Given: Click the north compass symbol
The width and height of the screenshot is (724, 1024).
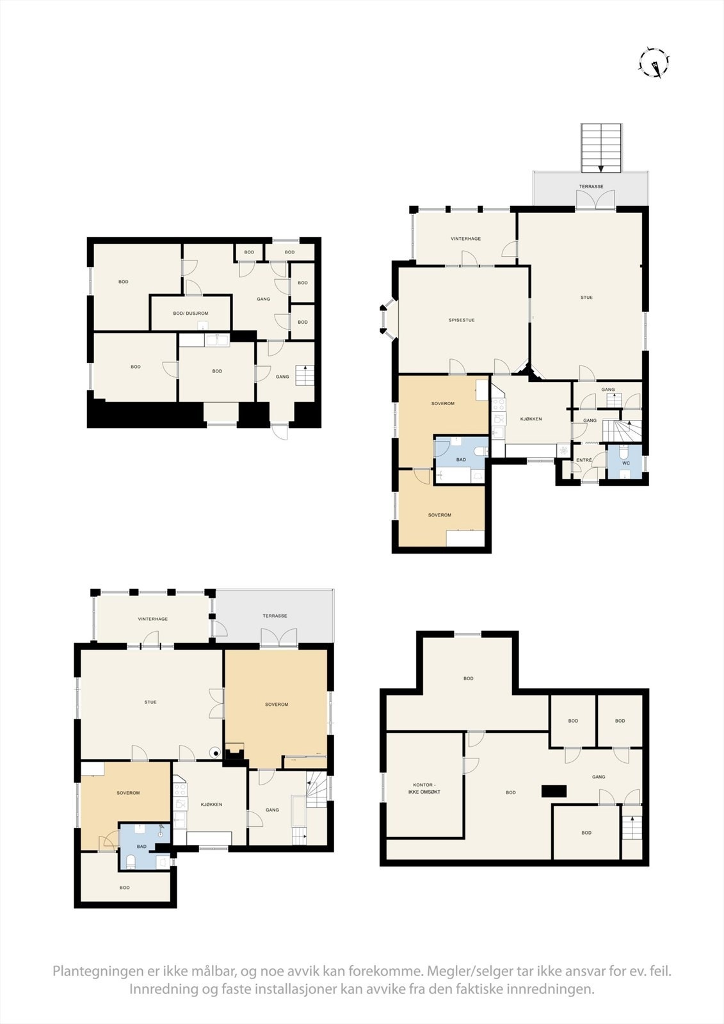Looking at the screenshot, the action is [x=654, y=63].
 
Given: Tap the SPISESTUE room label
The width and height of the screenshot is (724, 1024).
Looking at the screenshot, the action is [x=462, y=320].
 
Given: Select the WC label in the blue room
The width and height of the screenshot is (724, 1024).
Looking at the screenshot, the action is [x=625, y=463].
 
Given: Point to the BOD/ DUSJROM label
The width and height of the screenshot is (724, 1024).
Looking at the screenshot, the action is [x=190, y=313].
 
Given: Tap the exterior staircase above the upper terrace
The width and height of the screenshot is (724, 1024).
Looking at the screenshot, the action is [x=601, y=148].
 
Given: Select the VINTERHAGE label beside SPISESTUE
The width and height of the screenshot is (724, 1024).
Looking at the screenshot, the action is [x=465, y=239].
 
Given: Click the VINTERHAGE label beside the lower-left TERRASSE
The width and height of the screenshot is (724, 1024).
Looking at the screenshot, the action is [x=153, y=619].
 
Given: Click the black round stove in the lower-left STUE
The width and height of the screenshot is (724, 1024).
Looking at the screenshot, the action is [x=216, y=753].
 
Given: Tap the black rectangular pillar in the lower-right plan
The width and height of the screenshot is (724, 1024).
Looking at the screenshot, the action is [x=554, y=791].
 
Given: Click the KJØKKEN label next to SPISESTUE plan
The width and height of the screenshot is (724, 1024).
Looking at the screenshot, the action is [x=531, y=419].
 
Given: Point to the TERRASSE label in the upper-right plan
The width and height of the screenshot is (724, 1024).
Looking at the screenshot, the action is [x=591, y=186].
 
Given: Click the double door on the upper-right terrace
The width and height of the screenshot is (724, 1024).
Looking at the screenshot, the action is [x=594, y=199].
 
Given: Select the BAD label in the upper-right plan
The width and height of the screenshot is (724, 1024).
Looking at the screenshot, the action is [x=461, y=460].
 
